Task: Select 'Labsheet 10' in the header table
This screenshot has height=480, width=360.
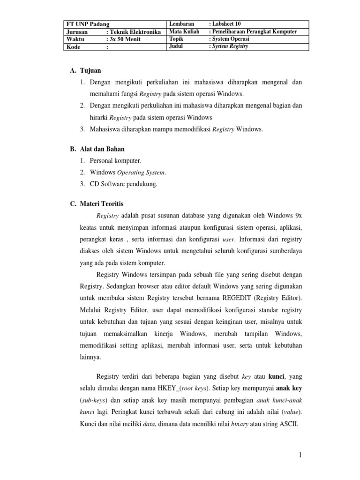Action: (228, 24)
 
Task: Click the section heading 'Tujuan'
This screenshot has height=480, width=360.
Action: (90, 70)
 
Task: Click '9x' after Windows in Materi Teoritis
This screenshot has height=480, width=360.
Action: (297, 216)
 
